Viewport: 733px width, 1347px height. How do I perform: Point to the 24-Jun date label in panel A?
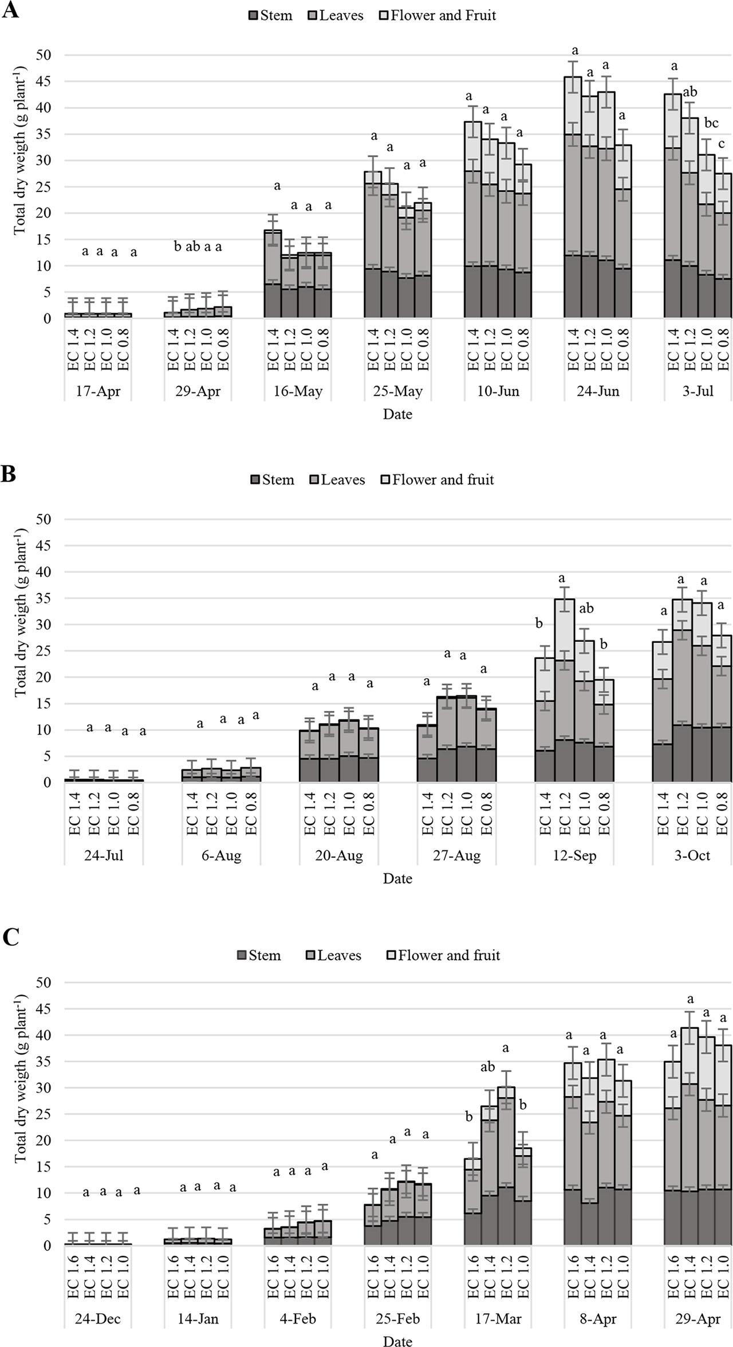point(597,392)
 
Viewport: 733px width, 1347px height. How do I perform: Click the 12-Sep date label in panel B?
point(574,856)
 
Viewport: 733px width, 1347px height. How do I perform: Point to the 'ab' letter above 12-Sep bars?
point(586,608)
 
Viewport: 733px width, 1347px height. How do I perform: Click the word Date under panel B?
point(397,879)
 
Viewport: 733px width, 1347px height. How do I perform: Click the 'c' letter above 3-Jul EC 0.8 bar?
point(721,144)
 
